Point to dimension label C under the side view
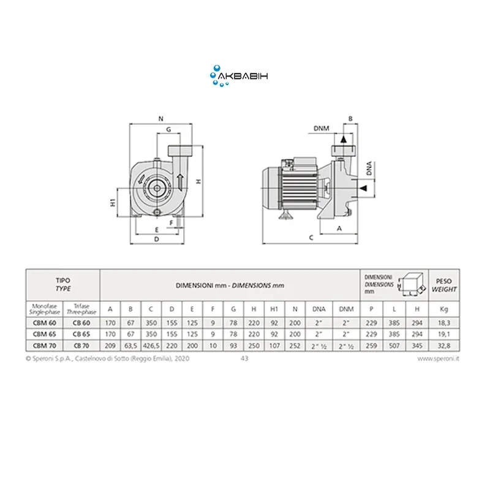[311, 237]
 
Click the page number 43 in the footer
[245, 360]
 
